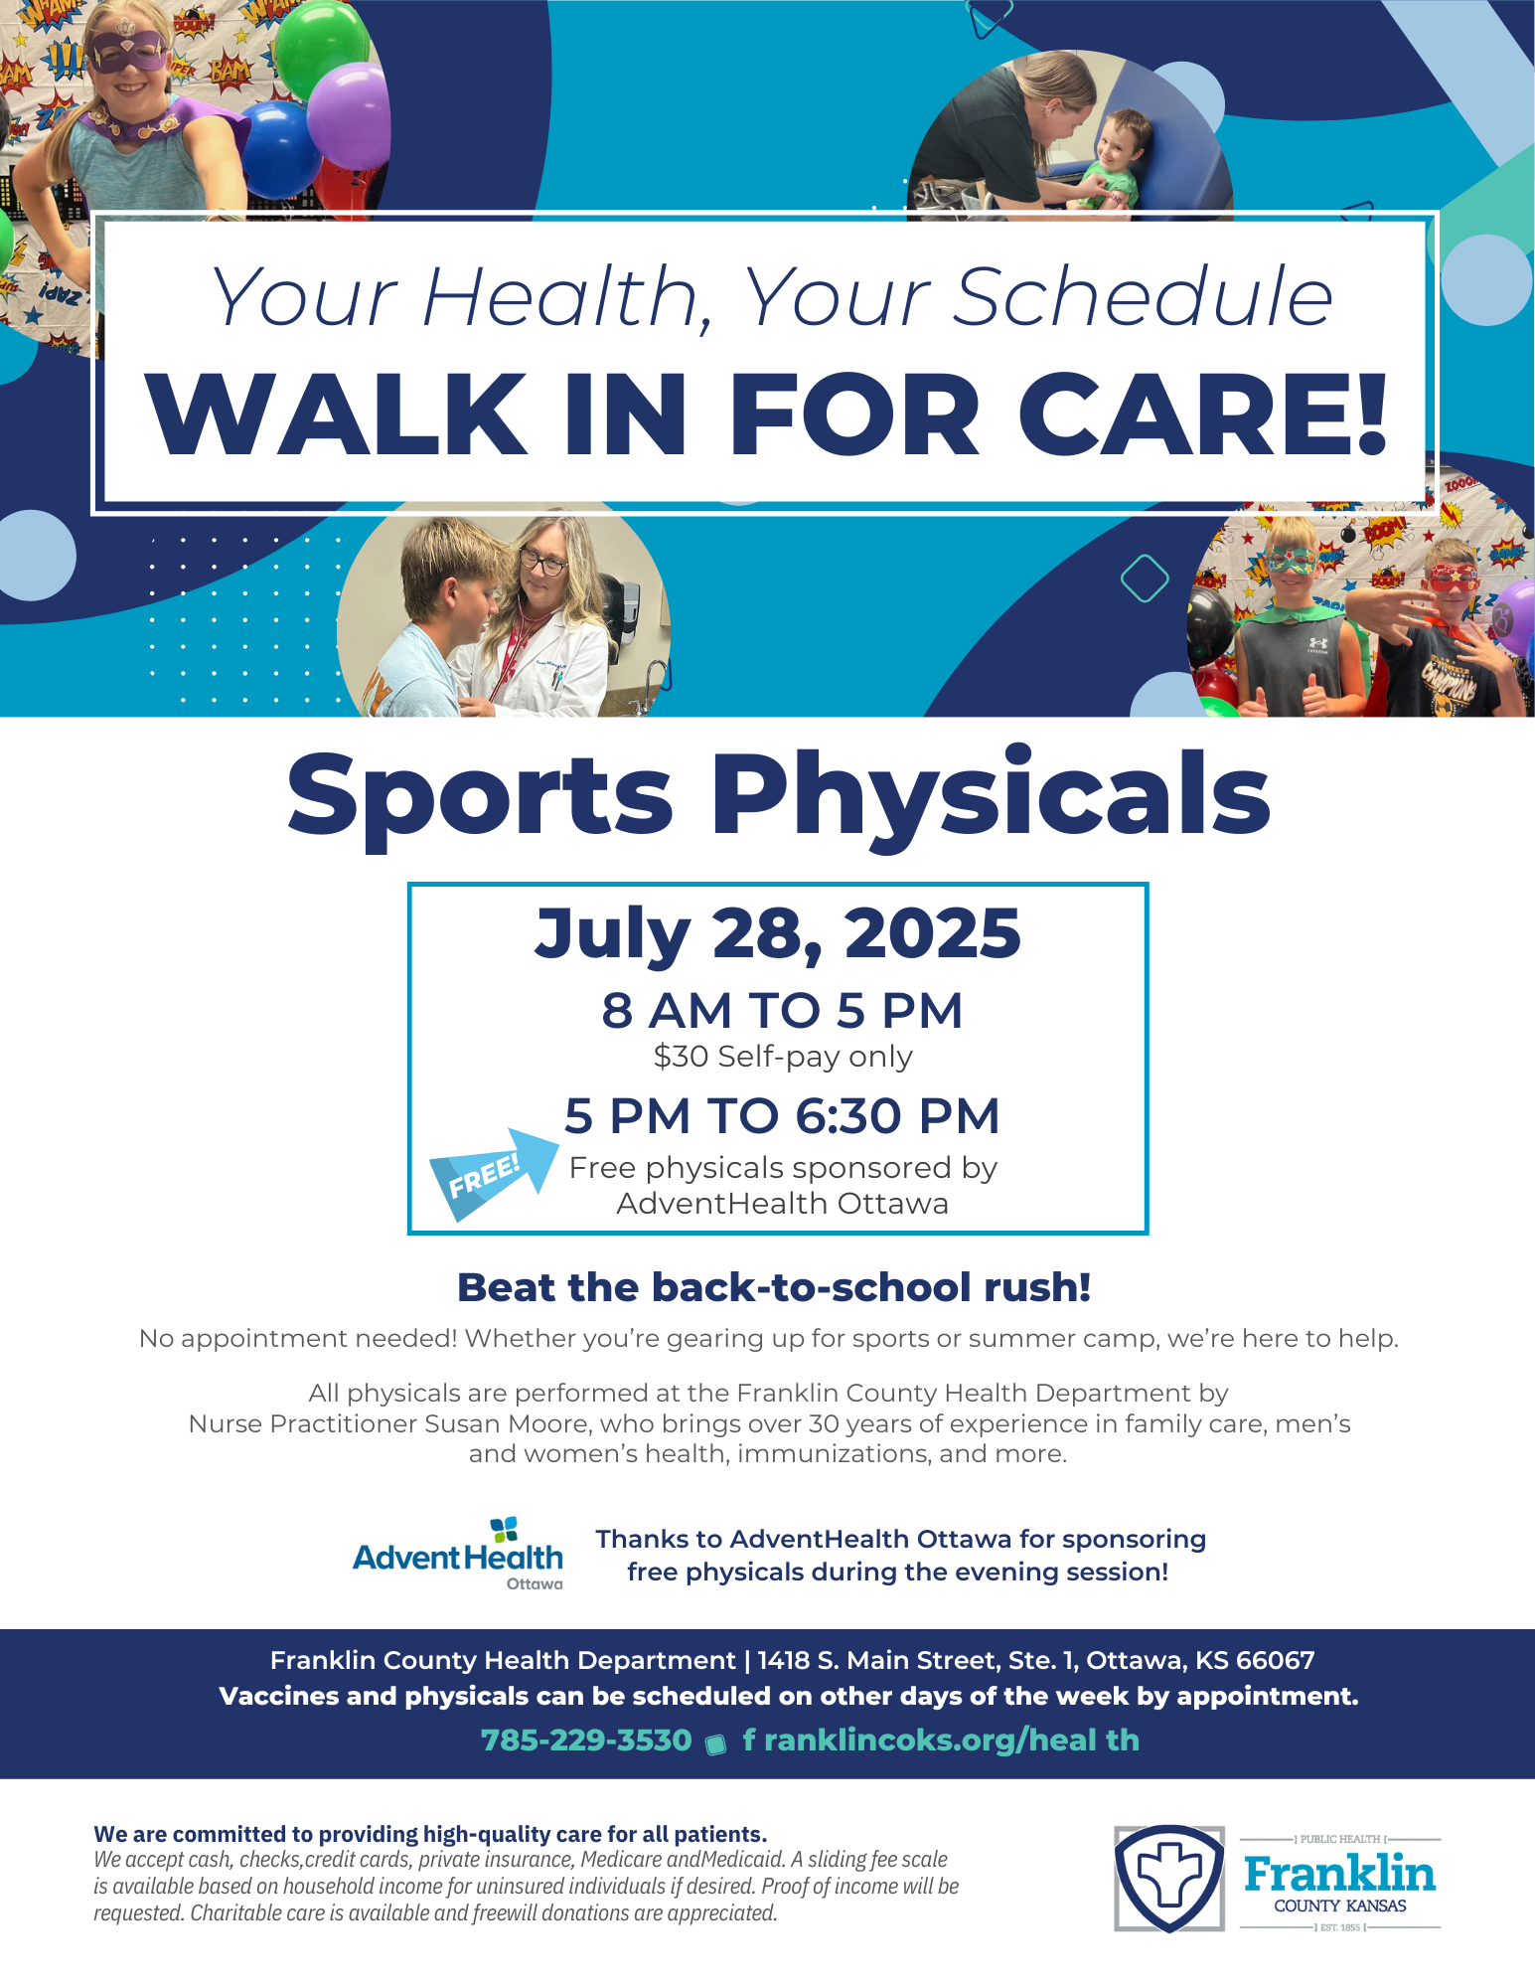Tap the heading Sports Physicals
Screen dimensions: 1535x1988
(779, 795)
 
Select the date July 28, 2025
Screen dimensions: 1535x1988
(778, 934)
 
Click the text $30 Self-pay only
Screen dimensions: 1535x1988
(783, 1056)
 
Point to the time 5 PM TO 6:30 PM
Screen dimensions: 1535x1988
(782, 1115)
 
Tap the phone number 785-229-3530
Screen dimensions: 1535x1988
(586, 1740)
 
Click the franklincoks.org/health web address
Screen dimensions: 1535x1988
(941, 1740)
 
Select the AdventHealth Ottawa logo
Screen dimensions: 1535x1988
(458, 1554)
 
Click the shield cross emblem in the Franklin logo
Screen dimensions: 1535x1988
(1169, 1878)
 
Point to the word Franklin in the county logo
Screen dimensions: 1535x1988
(1339, 1874)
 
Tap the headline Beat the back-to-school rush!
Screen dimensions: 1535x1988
(774, 1287)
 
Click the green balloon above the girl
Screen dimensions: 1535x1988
(320, 47)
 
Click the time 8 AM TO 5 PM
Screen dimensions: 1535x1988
(782, 1010)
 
